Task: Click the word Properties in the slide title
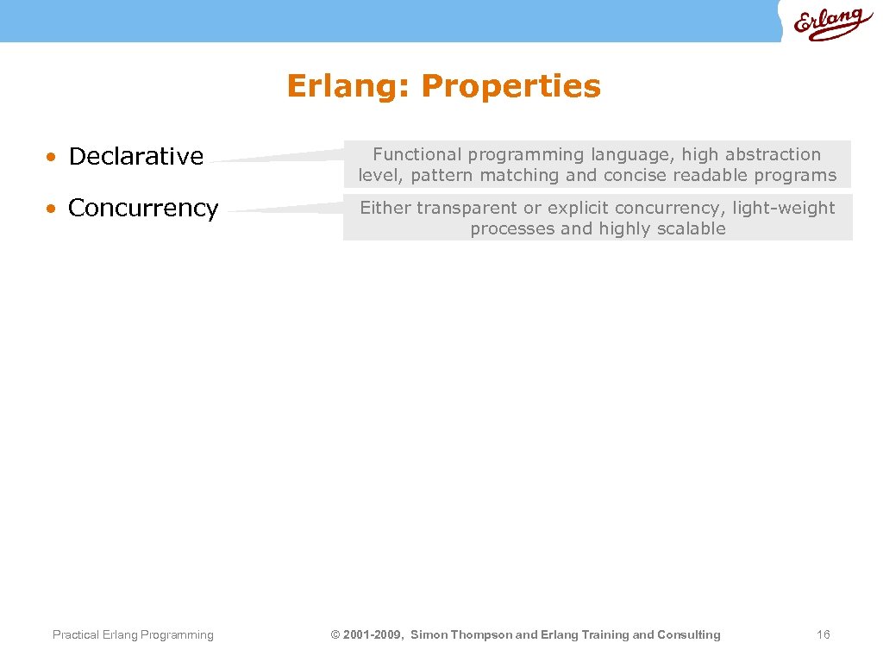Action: click(510, 86)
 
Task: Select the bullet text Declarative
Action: click(135, 156)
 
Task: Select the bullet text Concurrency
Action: click(143, 209)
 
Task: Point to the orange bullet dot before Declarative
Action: click(53, 158)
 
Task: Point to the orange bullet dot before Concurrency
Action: click(53, 209)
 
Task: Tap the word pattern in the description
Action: click(441, 176)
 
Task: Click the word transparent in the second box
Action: click(467, 208)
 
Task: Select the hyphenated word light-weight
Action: click(783, 208)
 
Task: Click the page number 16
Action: click(823, 634)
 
